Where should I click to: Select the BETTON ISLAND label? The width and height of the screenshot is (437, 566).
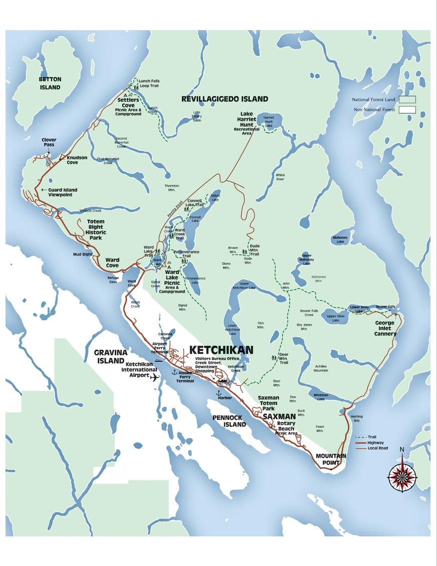point(50,83)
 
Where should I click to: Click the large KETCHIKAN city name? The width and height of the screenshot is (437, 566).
point(221,350)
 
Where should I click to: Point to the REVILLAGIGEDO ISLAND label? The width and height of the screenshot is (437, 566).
point(225,99)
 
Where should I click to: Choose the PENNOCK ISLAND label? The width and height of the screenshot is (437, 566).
point(229,421)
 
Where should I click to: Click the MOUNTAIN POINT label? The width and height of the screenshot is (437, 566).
point(331,459)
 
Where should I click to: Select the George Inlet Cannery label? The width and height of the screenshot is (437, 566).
point(385,329)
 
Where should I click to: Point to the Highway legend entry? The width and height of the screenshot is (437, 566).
point(376,443)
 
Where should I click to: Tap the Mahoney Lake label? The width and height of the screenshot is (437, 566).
point(340,240)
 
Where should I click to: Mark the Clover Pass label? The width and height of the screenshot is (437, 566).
point(49,143)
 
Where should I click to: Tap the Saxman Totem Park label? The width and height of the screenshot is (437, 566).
point(269,403)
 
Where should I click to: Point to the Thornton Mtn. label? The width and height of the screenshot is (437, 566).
point(172,187)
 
